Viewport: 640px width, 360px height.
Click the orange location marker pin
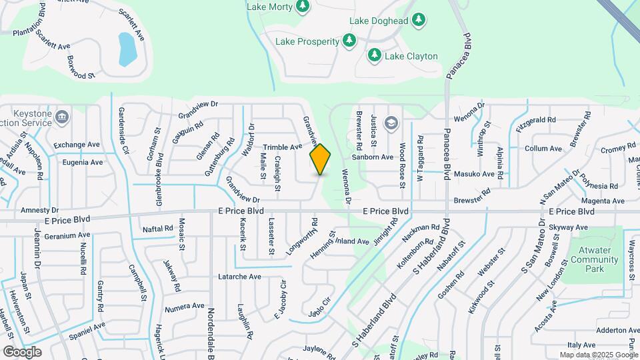(321, 159)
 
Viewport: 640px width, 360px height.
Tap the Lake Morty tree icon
(303, 6)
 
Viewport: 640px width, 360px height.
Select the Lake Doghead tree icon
(418, 21)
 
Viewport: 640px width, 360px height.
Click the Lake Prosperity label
(307, 41)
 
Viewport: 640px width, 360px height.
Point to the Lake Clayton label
(411, 56)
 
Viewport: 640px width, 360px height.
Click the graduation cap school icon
(391, 123)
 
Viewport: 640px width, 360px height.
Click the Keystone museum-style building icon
(61, 118)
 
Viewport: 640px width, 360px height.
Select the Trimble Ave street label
(282, 147)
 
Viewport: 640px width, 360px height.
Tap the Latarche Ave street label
(239, 276)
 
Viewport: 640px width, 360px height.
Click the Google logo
(22, 351)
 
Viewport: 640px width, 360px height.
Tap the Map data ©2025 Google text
(598, 355)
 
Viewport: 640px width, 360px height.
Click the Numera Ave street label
(184, 307)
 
